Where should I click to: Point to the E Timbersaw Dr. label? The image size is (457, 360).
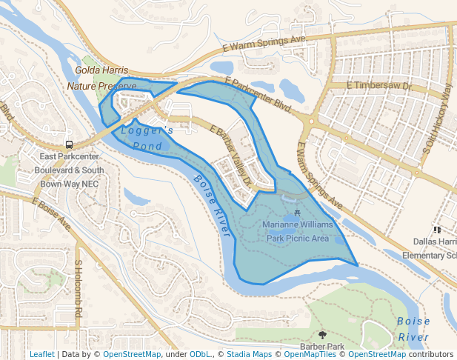tap(379, 86)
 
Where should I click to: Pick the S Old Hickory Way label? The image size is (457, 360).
tap(437, 119)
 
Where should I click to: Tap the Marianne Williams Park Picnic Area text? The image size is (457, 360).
tap(298, 231)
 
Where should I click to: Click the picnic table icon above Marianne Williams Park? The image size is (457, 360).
tap(298, 214)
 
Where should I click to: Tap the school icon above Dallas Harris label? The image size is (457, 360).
tap(437, 230)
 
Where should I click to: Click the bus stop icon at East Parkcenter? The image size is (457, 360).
tap(69, 144)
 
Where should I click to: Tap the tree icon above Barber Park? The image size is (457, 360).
tap(321, 336)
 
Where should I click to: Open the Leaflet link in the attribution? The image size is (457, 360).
tap(41, 355)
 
